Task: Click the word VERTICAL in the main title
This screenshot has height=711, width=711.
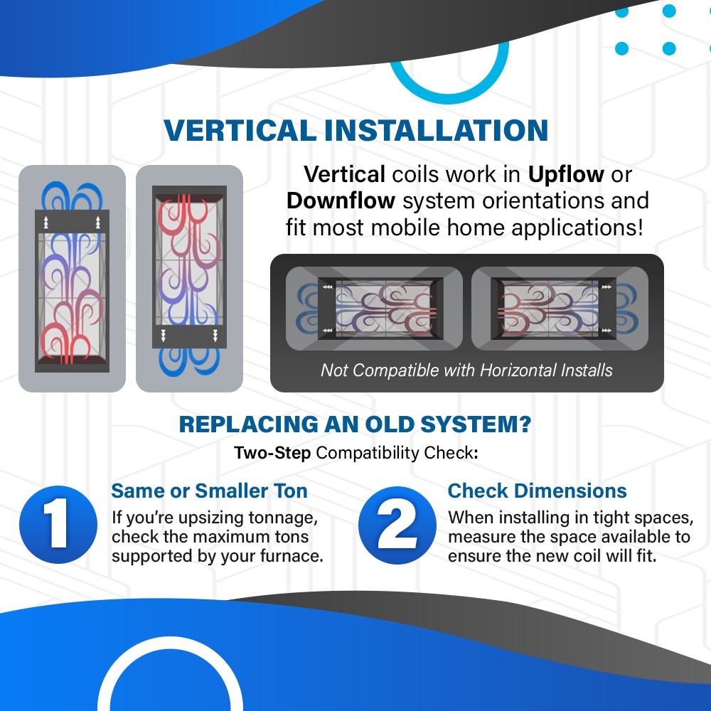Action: tap(240, 131)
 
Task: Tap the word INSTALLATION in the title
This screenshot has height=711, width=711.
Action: tap(437, 131)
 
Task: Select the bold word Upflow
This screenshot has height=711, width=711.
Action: tap(566, 175)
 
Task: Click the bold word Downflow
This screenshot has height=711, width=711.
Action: tap(341, 201)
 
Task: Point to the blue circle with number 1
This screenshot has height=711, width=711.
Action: tap(58, 525)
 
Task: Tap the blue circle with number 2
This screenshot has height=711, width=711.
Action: tap(397, 525)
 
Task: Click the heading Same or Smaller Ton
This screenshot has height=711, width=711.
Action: tap(210, 491)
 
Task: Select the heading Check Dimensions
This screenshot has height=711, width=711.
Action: tap(538, 491)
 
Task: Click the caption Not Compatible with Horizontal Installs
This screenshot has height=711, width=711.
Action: tap(466, 370)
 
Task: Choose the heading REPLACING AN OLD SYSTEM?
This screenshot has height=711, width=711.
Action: tap(355, 424)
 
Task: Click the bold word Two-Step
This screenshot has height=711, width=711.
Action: tap(272, 453)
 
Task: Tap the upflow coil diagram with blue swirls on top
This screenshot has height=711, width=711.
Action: tap(72, 279)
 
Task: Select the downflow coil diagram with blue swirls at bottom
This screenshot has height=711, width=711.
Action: tap(190, 279)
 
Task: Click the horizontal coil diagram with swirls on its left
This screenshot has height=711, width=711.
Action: tap(374, 309)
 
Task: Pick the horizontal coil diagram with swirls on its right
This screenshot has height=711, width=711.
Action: tap(560, 309)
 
